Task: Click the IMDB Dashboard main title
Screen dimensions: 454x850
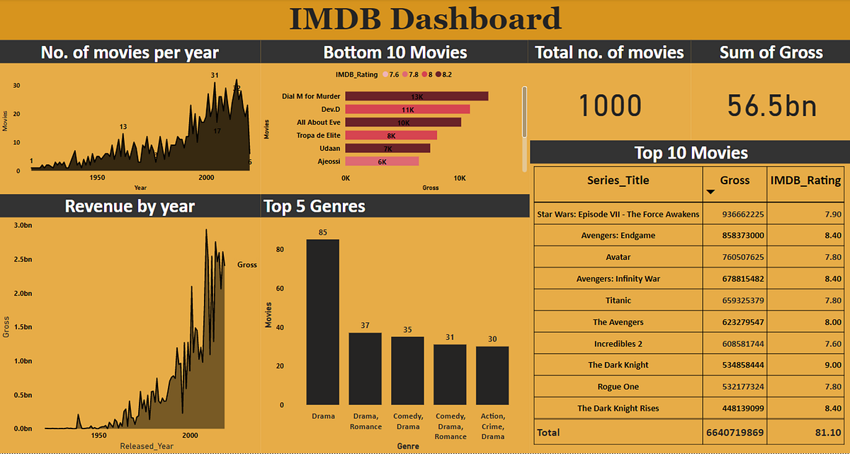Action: [425, 20]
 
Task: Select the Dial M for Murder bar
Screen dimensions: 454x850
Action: [416, 96]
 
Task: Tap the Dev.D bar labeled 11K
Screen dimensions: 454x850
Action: [407, 109]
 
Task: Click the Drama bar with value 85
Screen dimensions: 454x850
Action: [322, 322]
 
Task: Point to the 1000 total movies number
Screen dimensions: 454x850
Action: [610, 106]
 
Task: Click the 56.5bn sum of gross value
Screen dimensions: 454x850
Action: [771, 106]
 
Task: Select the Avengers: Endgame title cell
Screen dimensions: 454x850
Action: [618, 235]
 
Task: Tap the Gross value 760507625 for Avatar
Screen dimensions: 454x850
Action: [735, 257]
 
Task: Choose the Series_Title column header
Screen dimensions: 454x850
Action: [618, 180]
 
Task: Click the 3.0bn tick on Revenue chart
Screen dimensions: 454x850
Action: [23, 225]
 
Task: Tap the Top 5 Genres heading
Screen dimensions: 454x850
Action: [314, 206]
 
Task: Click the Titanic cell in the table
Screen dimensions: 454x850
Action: [618, 300]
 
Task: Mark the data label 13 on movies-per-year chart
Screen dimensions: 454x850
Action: [123, 127]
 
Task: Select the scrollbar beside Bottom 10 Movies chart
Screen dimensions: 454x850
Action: [524, 127]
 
